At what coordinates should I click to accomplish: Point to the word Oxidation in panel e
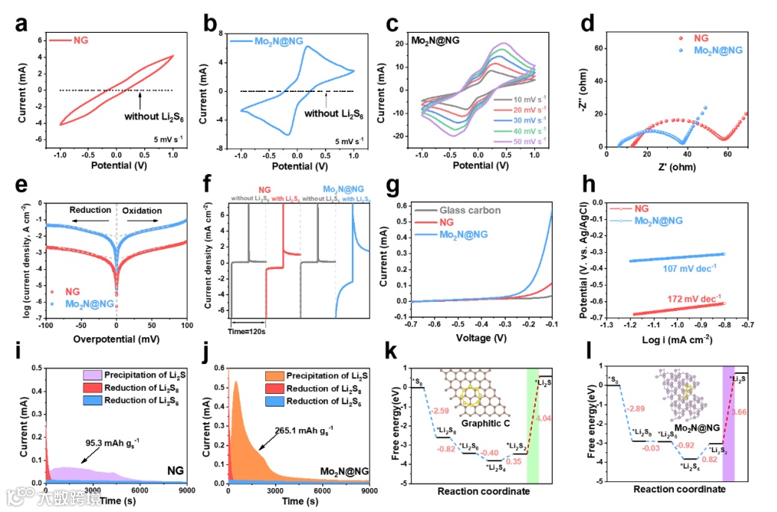(141, 210)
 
